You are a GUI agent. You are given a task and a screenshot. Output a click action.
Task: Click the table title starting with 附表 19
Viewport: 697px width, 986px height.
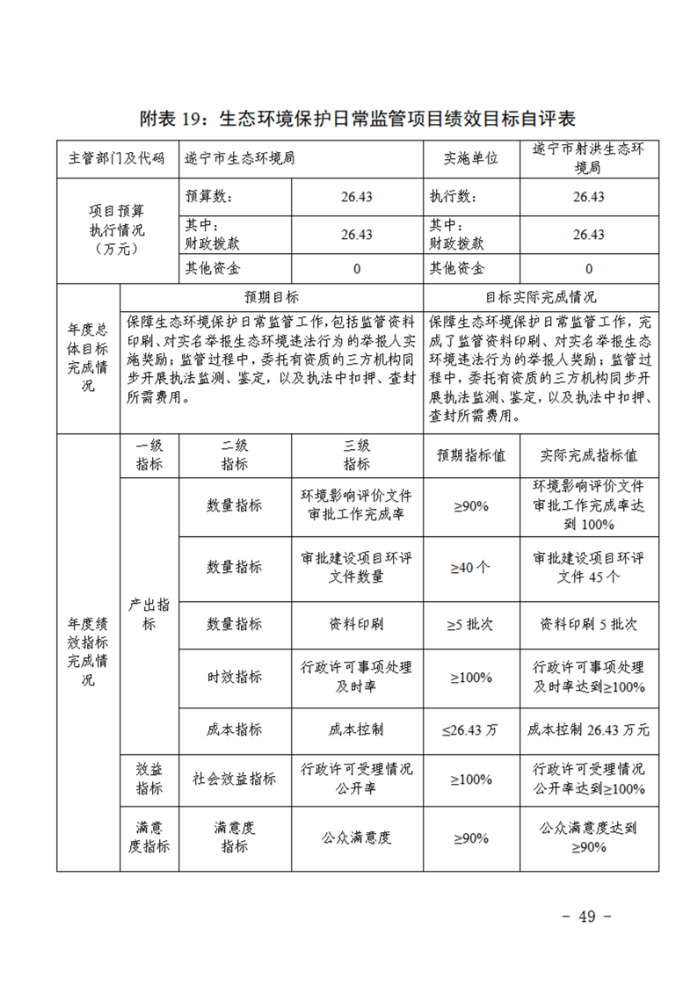tap(348, 119)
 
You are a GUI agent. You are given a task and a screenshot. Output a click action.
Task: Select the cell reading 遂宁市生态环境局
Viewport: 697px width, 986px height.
tap(239, 158)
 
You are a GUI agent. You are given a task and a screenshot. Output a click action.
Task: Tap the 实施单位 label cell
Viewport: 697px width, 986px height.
tap(470, 158)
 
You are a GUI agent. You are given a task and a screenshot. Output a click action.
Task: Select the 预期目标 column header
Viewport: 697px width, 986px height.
tap(271, 297)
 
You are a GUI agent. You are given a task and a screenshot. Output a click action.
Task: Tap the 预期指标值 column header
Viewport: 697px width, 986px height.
tap(470, 456)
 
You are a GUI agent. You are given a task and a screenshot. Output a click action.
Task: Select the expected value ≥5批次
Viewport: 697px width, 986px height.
tap(470, 624)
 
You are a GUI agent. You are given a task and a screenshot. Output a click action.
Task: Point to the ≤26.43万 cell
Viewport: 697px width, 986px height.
tap(470, 729)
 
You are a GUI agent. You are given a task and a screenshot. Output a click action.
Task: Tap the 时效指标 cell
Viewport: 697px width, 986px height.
tap(234, 677)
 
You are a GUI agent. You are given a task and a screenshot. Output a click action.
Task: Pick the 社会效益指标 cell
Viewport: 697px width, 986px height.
tap(234, 779)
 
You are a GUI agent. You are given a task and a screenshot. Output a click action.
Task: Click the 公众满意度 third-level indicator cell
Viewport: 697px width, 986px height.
tap(356, 837)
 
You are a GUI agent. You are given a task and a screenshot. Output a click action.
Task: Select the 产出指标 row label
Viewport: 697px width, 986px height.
tap(149, 615)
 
